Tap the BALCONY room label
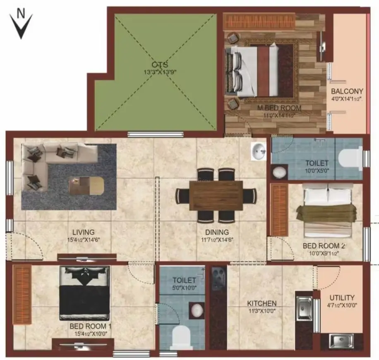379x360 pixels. tap(347, 91)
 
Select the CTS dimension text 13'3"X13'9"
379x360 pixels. tap(160, 72)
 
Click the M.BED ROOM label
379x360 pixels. tap(279, 108)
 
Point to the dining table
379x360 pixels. tap(216, 195)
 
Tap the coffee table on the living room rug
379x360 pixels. tap(86, 185)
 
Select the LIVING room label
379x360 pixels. tap(84, 232)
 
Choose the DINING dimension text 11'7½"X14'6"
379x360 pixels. tap(217, 240)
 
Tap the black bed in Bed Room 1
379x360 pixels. tap(84, 293)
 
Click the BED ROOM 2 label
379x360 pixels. tap(324, 246)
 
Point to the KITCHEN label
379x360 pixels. tap(262, 303)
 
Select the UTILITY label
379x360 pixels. tap(342, 298)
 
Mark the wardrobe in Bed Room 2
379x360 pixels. tap(279, 210)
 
